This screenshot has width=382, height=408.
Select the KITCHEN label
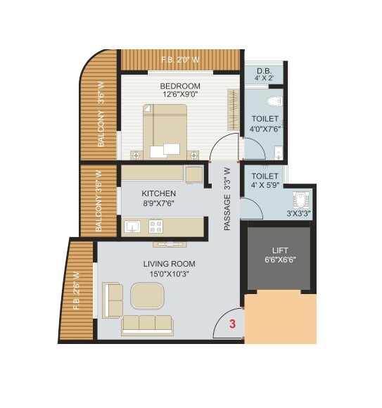(x=158, y=193)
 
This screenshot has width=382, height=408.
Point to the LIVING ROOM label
(x=169, y=264)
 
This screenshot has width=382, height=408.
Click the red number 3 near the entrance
(x=233, y=325)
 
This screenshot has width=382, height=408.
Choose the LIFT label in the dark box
(x=280, y=250)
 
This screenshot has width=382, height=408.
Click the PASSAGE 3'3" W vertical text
(x=227, y=198)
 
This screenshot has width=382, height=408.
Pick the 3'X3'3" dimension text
(x=299, y=213)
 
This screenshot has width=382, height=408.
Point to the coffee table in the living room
(x=147, y=295)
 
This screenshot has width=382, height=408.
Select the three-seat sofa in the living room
(x=147, y=323)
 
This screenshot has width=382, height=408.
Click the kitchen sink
(x=134, y=226)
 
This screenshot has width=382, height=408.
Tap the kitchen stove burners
(x=155, y=226)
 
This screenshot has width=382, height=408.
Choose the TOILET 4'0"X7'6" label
(x=265, y=124)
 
